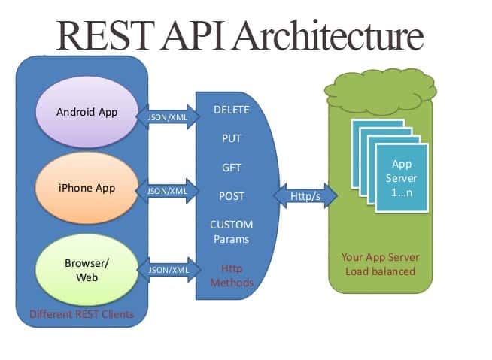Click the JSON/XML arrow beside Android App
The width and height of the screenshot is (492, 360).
[167, 116]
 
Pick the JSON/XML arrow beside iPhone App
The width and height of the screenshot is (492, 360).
[167, 192]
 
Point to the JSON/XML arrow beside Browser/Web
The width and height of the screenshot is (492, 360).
[167, 268]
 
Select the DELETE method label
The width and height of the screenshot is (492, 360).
[232, 110]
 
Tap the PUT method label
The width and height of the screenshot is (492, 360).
[232, 139]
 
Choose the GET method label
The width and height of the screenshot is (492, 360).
[232, 168]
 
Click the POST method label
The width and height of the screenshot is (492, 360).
[232, 196]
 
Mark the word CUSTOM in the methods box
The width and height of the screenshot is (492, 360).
[232, 225]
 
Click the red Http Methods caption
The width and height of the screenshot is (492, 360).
[232, 276]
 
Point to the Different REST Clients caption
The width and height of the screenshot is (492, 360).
[82, 314]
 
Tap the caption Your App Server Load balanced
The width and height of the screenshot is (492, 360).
[381, 264]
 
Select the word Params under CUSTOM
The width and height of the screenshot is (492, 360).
[232, 239]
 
